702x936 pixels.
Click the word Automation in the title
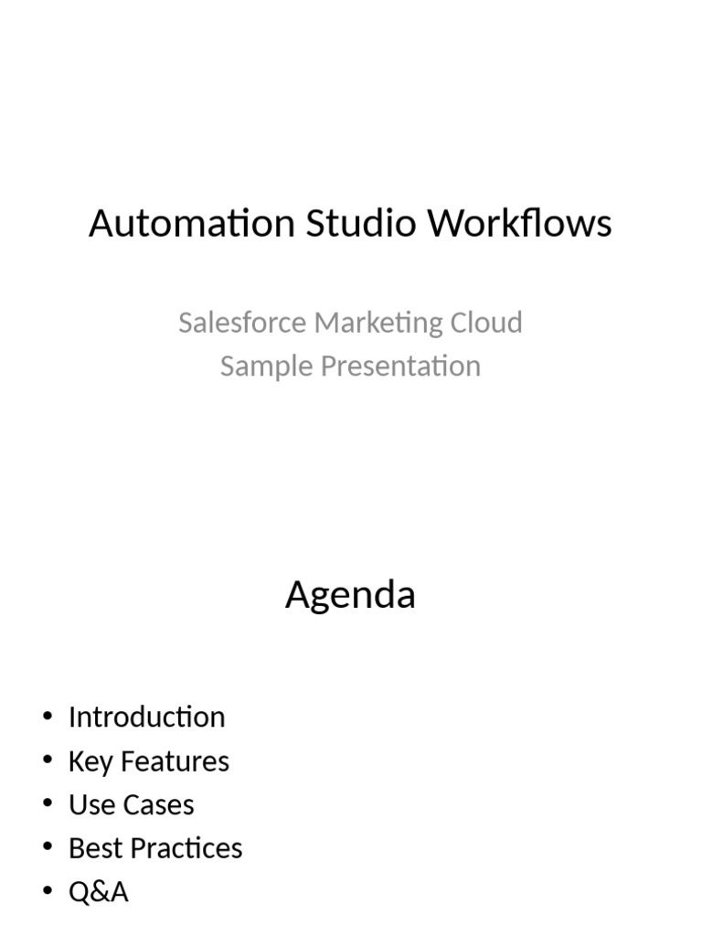tap(192, 224)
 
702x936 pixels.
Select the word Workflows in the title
tap(521, 224)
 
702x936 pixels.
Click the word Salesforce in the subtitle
tap(241, 323)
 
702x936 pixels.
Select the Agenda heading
tap(350, 596)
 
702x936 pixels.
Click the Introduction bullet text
tap(146, 718)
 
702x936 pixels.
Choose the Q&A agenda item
tap(98, 892)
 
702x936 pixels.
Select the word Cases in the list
tap(158, 805)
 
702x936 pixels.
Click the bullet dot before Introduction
tap(48, 718)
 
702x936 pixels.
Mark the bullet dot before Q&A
tap(48, 892)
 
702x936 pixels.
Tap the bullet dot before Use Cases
tap(48, 805)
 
